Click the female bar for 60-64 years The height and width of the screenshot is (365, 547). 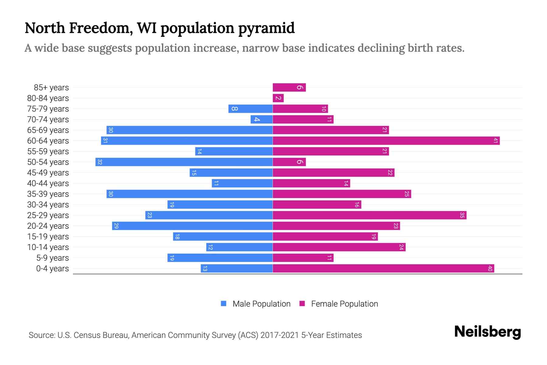point(386,141)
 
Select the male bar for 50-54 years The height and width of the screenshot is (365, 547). point(184,162)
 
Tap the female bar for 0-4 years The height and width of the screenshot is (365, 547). point(383,268)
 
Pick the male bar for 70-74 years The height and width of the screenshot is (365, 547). point(261,119)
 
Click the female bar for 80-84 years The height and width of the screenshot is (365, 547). point(278,98)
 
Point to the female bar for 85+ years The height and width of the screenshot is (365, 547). point(289,87)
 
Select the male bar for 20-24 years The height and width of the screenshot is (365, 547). point(192,226)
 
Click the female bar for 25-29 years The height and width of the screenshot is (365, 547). point(369,215)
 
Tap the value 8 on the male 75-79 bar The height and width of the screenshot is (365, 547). point(234,109)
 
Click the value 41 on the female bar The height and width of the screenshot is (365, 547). point(496,141)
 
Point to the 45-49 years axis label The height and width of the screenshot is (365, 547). point(48,172)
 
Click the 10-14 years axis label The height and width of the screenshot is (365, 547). point(48,247)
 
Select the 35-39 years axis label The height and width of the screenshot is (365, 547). point(48,194)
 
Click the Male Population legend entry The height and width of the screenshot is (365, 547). point(261,304)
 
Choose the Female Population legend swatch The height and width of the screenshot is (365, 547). point(302,304)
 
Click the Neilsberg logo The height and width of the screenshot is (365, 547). point(487,332)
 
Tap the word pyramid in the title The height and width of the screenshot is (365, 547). point(266,28)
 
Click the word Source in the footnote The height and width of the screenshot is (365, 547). point(41,335)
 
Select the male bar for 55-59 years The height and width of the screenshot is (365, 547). point(234,151)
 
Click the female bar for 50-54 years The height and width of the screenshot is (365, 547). point(289,162)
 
